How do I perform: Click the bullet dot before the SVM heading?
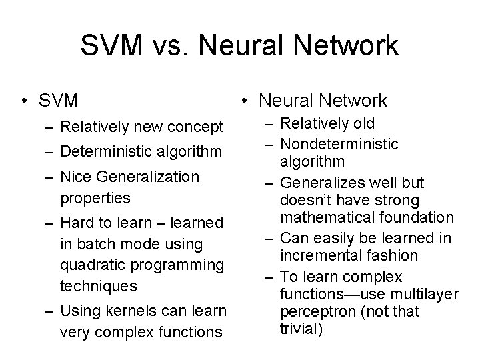tap(24, 101)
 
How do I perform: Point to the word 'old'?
tap(361, 124)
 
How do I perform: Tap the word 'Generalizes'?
tap(323, 183)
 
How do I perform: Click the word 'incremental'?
tap(323, 255)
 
